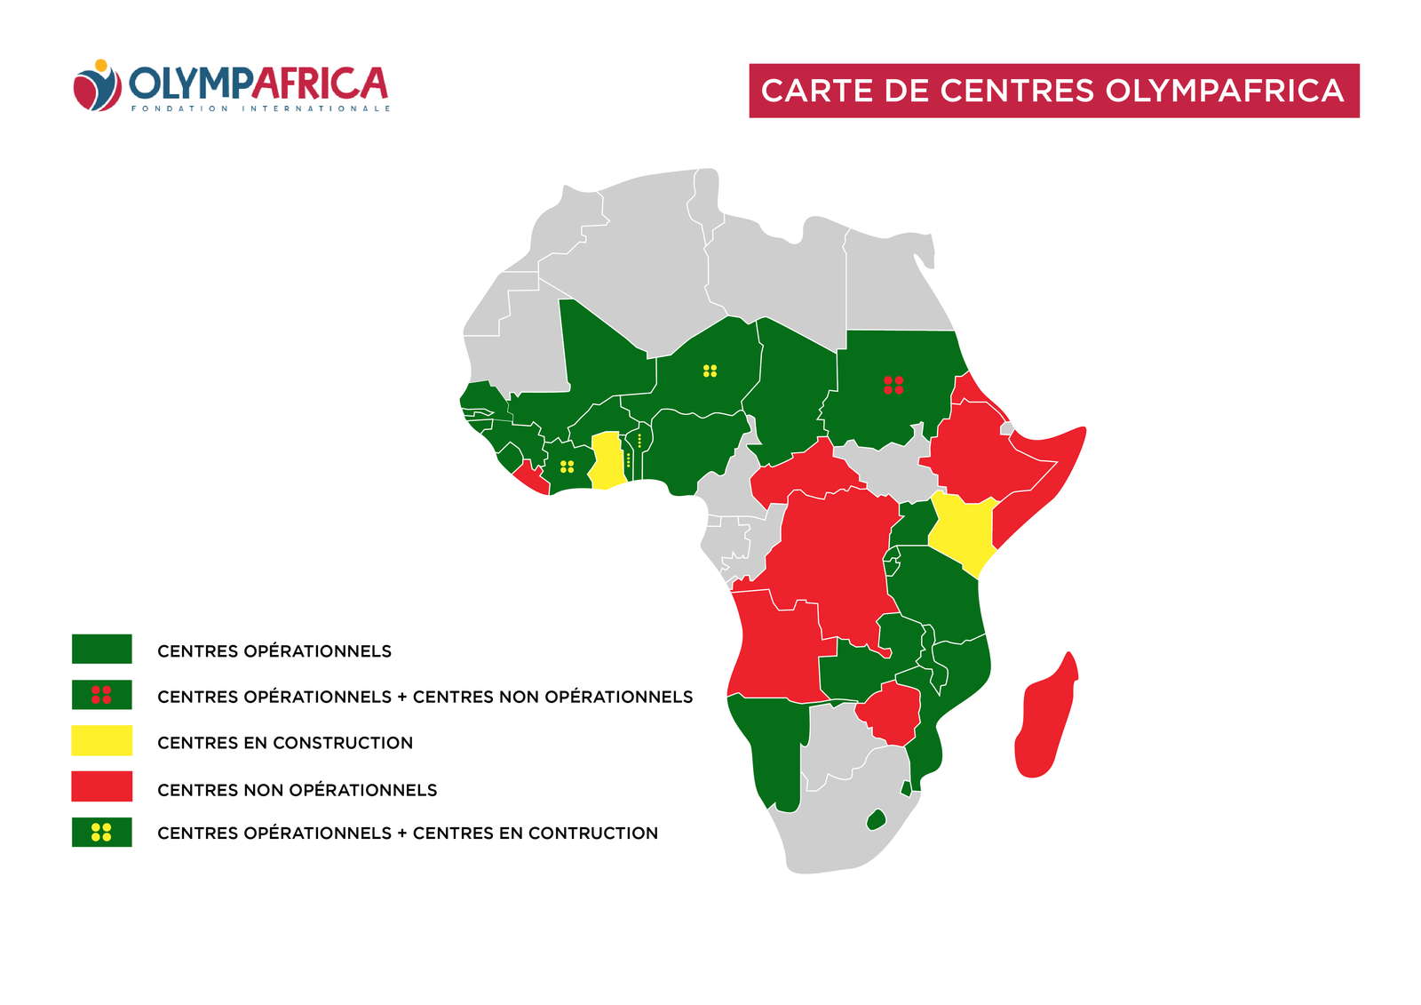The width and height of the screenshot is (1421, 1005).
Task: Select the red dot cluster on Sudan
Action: coord(893,385)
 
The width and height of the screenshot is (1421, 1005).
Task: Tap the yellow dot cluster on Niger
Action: coord(710,371)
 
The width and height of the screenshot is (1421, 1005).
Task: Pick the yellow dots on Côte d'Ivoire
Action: coord(567,466)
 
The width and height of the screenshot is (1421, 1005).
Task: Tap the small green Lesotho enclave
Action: coord(877,819)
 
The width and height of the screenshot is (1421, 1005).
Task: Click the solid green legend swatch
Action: coord(102,649)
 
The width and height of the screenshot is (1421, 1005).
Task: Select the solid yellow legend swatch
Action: coord(102,740)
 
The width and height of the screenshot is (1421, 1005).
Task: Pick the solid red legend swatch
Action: coord(102,786)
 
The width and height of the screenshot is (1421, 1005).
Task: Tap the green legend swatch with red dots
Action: coord(102,695)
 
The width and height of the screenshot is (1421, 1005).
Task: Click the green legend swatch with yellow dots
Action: coord(102,832)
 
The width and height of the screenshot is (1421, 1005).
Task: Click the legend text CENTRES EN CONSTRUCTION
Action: coord(285,743)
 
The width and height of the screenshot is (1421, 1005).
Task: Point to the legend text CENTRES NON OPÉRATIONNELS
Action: coord(297,790)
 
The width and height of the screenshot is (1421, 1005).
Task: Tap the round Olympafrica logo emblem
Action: coord(97,86)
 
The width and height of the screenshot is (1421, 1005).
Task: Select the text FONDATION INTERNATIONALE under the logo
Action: coord(261,108)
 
